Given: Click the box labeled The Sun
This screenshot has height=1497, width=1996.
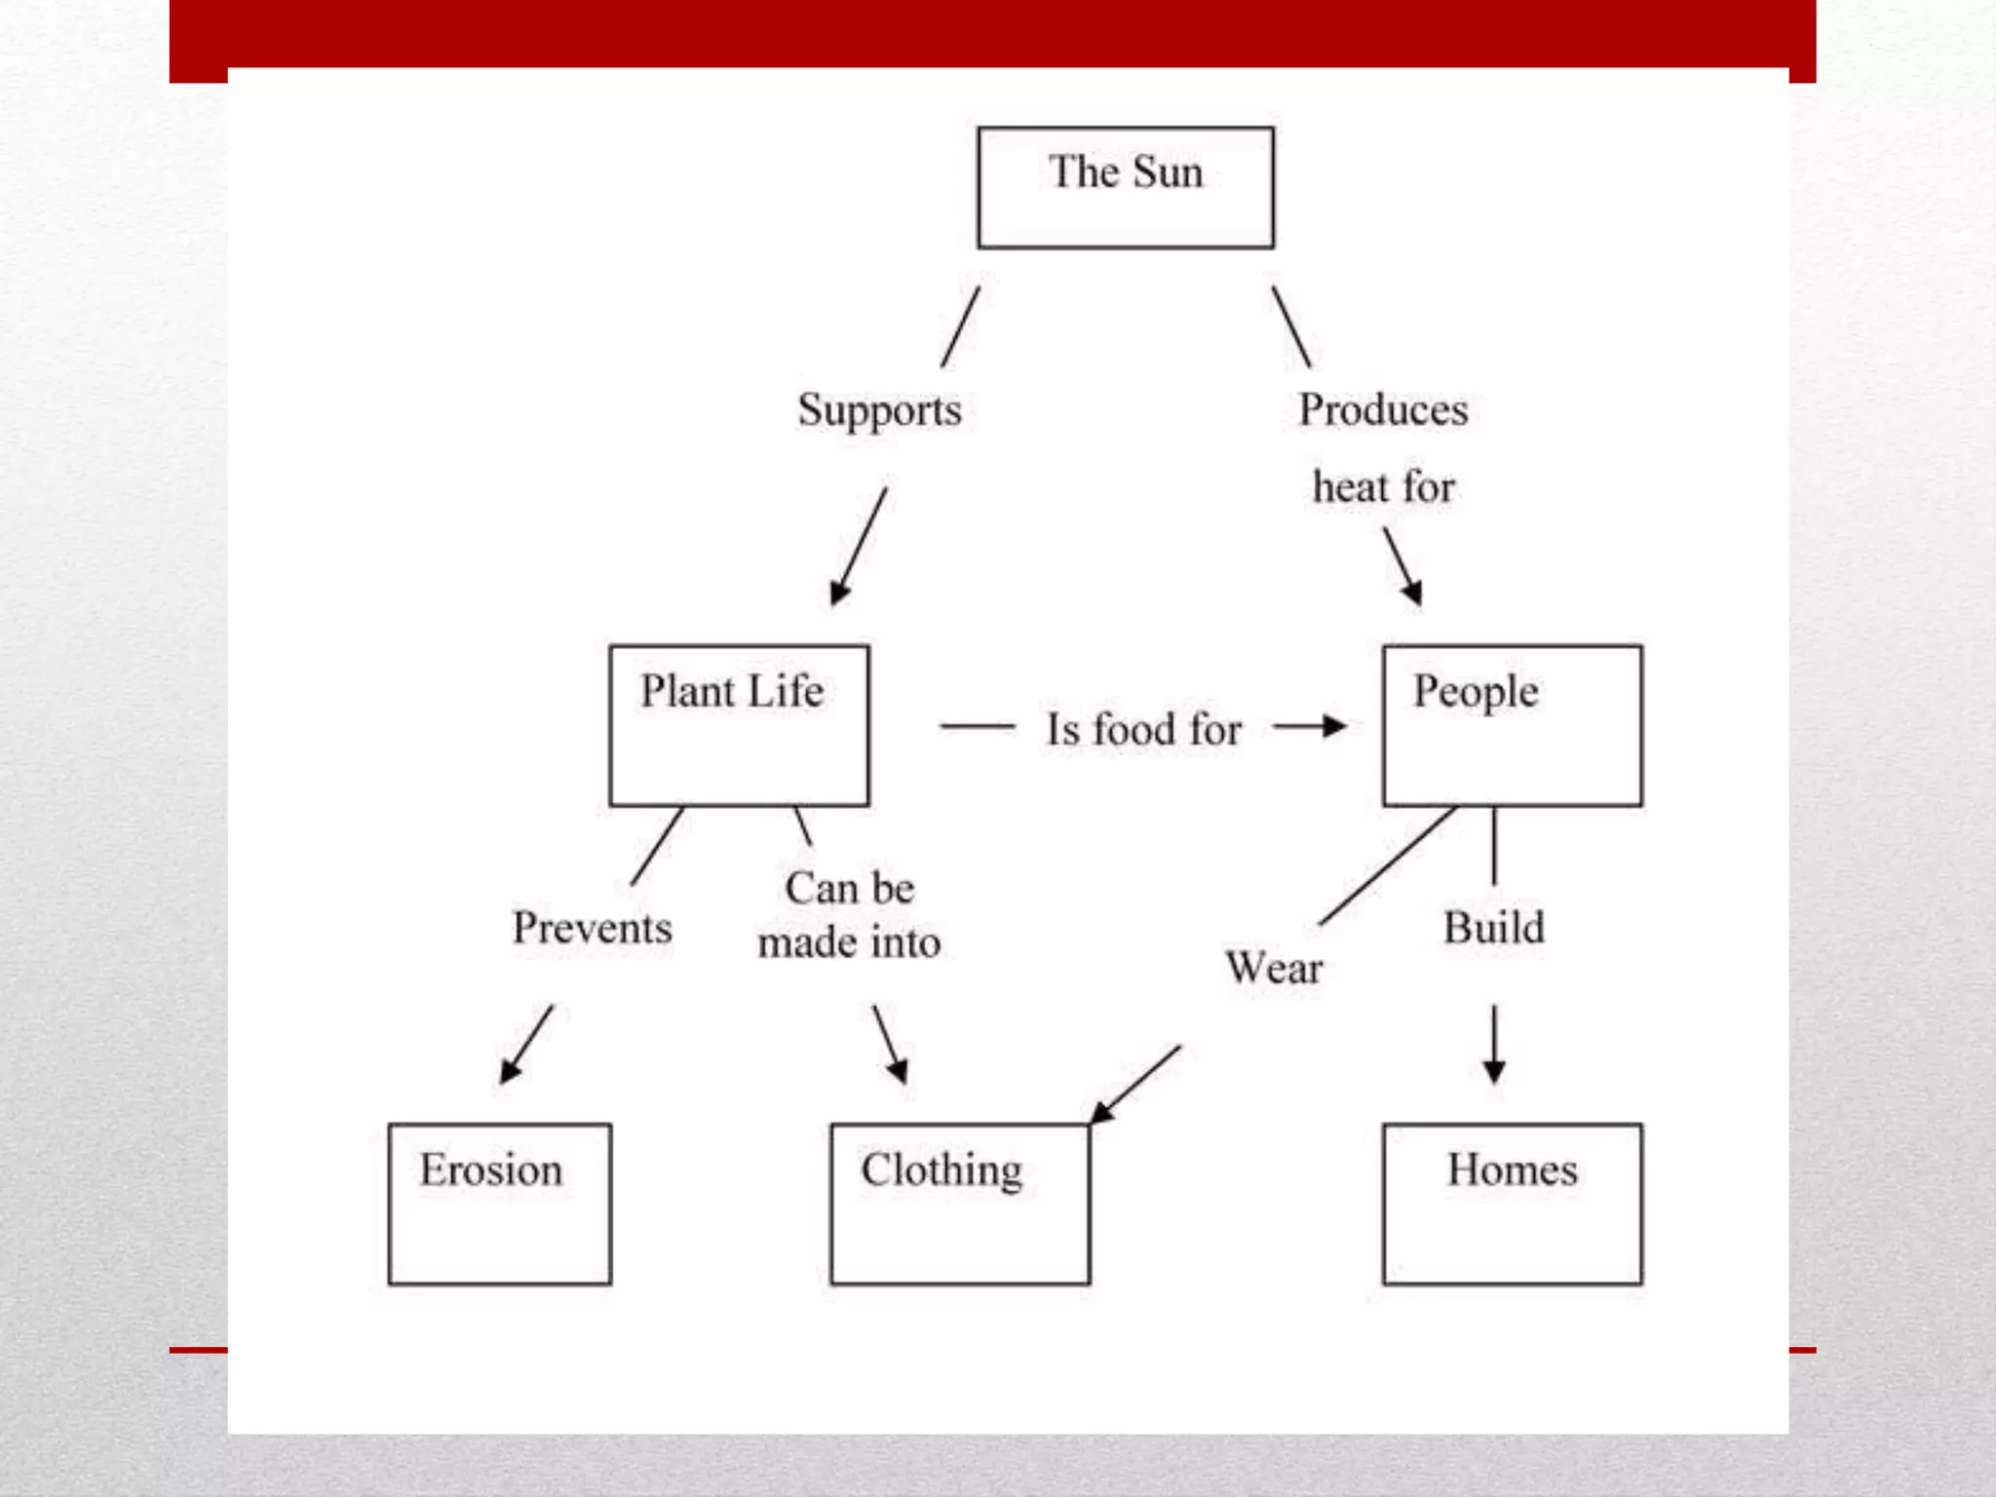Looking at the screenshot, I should point(1126,187).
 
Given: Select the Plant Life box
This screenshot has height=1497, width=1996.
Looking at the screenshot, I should point(739,725).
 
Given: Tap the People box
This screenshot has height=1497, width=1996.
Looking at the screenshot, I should point(1512,725).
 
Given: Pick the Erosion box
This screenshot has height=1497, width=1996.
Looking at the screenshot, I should point(500,1204).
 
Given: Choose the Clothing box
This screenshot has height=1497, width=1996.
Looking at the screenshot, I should point(960,1204).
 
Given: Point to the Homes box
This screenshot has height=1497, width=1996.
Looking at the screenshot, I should point(1512,1204).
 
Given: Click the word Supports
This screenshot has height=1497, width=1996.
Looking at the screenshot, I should point(879,410).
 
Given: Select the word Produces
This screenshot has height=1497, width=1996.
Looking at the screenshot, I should point(1383,409).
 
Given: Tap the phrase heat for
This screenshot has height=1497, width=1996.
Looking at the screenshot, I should point(1383,486).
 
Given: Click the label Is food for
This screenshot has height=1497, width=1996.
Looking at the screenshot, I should point(1144,729).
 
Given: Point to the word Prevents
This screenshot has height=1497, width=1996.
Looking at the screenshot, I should point(593,927).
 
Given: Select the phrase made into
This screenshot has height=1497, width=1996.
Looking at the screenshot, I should point(849,942).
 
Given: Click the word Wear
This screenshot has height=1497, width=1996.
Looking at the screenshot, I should point(1274,968).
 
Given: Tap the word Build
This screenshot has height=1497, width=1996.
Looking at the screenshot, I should point(1494,927).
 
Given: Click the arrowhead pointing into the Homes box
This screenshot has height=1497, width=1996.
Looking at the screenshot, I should point(1494,1073).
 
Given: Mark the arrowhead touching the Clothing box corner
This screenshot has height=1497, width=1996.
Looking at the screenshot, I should point(1102,1112).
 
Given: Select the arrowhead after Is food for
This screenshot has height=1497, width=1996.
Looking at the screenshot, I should point(1334,726).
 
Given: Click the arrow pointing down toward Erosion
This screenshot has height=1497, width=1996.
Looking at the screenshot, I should point(525,1046).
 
